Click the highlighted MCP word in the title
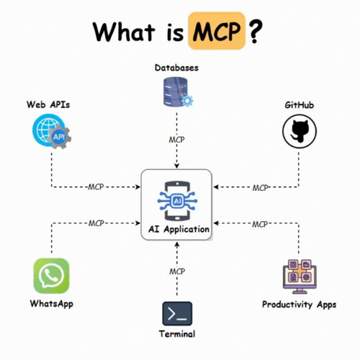pos(217,31)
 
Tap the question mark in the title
pos(256,31)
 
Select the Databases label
pos(176,68)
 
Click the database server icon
pos(179,92)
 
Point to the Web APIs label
pos(48,104)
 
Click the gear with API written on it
pos(59,137)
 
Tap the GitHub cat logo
pos(300,131)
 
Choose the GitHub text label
pos(300,105)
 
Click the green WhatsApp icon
pos(51,276)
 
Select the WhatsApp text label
pos(52,304)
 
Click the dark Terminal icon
pos(177,314)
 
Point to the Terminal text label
pos(177,334)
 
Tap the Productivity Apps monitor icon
pos(300,276)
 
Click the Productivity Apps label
pos(299,305)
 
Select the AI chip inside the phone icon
pos(177,201)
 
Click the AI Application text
pos(179,229)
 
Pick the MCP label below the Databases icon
pos(177,140)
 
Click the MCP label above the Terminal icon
pos(177,271)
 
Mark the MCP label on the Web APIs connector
pos(96,186)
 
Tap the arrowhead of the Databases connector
pos(177,166)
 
